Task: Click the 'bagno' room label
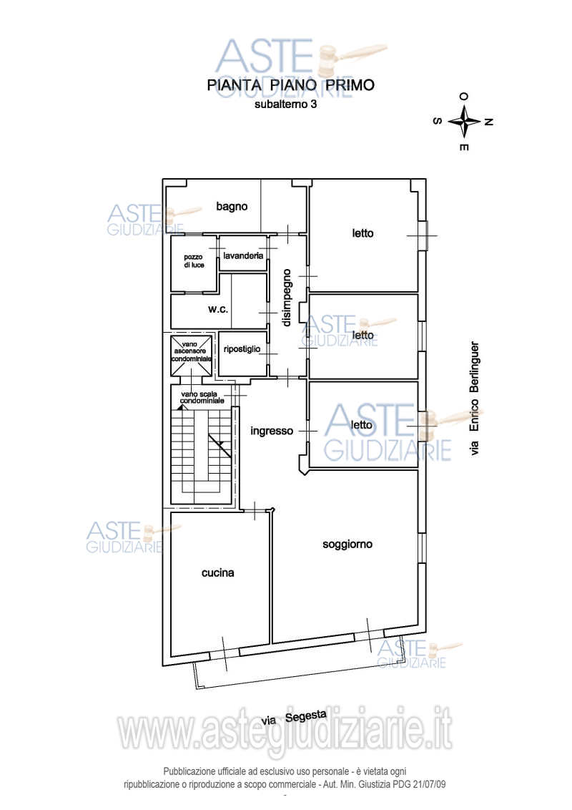coord(232,207)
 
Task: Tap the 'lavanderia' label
coord(243,255)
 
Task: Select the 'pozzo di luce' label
coord(194,261)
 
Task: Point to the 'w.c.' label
coord(218,309)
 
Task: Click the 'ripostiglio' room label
coord(242,349)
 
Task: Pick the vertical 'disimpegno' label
coord(287,298)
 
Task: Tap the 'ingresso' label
coord(272,431)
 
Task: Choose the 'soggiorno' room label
coord(347,545)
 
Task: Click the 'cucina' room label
coord(218,573)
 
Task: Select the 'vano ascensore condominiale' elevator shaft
coord(192,356)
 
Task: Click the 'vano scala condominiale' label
coord(202,397)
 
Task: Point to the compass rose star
coord(465,122)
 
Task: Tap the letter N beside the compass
coord(488,122)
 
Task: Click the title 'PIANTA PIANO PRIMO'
coord(290,85)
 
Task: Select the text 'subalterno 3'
coord(285,104)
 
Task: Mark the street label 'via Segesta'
coord(294,718)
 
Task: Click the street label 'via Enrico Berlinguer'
coord(475,399)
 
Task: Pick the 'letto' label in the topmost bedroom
coord(363,233)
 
